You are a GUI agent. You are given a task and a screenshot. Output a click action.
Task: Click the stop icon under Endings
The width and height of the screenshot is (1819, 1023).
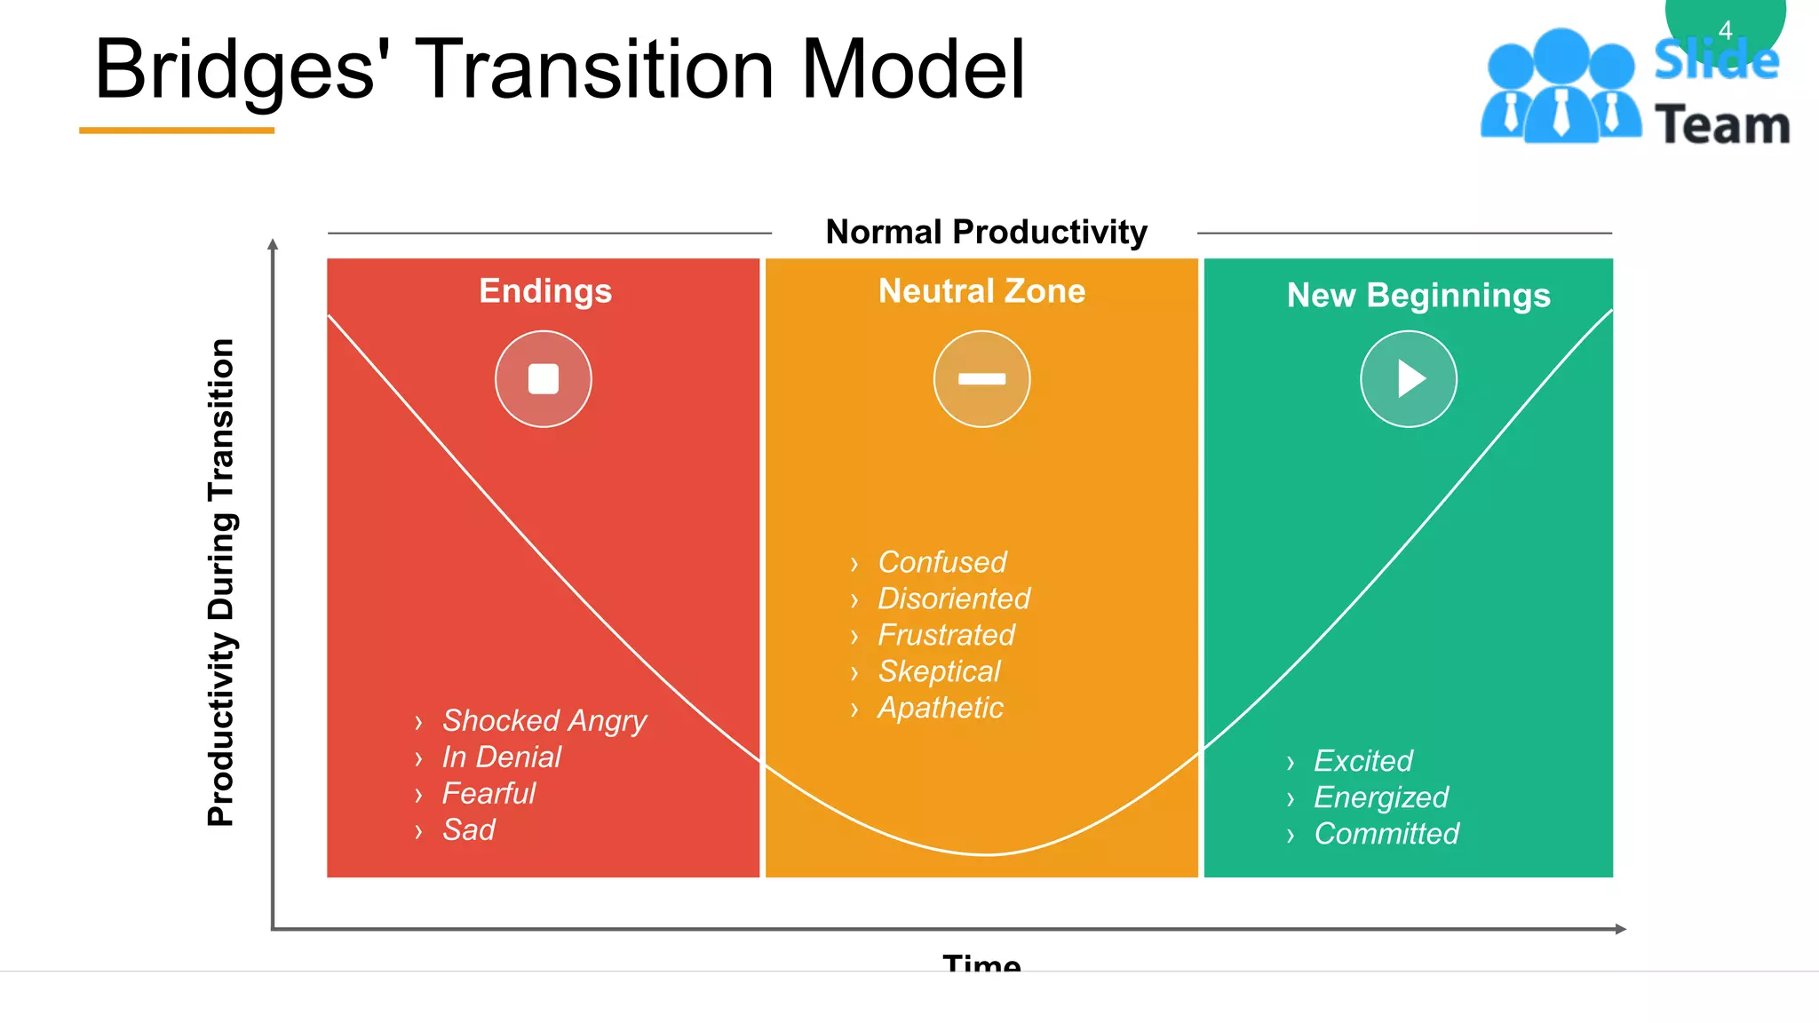(x=543, y=379)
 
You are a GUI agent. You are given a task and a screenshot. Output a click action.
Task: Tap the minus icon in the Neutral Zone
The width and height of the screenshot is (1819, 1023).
(x=981, y=379)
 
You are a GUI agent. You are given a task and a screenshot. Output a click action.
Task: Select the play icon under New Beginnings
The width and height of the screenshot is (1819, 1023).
(x=1409, y=379)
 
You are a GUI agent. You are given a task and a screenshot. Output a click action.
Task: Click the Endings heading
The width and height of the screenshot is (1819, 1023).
(x=545, y=291)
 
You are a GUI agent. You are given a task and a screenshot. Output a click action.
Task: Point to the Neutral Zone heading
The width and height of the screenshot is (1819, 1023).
(x=981, y=291)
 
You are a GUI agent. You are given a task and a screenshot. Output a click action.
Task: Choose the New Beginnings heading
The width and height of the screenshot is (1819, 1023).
(x=1418, y=296)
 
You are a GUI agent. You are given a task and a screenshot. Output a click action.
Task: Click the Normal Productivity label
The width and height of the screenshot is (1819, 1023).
(x=986, y=232)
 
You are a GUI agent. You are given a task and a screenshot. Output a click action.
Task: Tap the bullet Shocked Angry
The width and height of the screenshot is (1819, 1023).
(x=544, y=721)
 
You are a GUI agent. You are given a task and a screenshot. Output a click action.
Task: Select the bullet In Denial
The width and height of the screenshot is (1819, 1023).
(x=501, y=757)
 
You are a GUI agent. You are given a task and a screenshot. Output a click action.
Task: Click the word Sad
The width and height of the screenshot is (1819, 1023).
(x=468, y=830)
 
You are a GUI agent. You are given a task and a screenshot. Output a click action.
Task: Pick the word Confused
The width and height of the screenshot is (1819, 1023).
(x=941, y=562)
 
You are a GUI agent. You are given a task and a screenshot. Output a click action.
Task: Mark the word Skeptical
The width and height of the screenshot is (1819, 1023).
(x=939, y=671)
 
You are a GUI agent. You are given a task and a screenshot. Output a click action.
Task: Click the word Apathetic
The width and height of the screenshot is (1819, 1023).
(x=940, y=708)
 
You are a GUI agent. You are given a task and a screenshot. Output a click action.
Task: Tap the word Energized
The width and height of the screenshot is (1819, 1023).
(x=1381, y=797)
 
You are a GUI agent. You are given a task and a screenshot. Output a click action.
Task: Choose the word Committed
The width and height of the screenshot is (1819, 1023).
(x=1386, y=834)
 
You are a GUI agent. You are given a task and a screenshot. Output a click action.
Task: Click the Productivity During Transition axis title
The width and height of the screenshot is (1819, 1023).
(x=221, y=582)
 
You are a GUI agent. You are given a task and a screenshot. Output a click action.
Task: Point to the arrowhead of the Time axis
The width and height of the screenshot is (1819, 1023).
(x=1621, y=929)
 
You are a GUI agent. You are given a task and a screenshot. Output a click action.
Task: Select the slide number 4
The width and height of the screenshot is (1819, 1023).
(x=1725, y=31)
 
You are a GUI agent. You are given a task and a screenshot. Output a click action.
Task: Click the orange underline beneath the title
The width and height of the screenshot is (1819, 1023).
(x=177, y=131)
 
